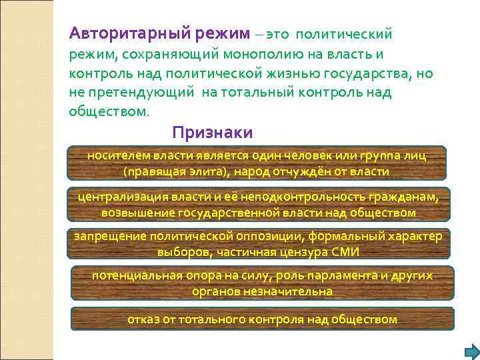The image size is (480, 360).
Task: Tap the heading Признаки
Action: pyautogui.click(x=212, y=131)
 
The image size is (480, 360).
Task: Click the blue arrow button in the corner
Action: pyautogui.click(x=471, y=351)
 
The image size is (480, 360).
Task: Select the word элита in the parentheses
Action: pyautogui.click(x=205, y=171)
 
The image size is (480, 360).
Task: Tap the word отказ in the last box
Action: pyautogui.click(x=144, y=319)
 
